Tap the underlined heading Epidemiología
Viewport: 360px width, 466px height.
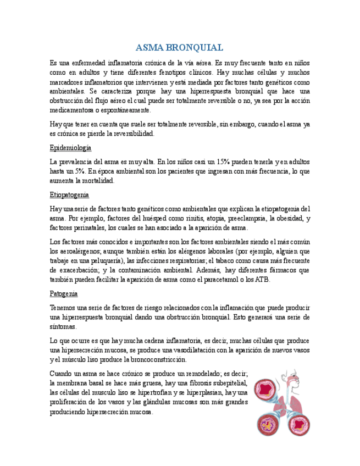[x=70, y=148]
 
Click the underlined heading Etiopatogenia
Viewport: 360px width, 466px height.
[x=69, y=195]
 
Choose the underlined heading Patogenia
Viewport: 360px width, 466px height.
[x=63, y=293]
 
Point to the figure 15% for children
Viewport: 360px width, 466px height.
[x=223, y=162]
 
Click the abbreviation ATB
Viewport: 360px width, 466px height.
[x=262, y=279]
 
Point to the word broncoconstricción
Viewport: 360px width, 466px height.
[x=154, y=359]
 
